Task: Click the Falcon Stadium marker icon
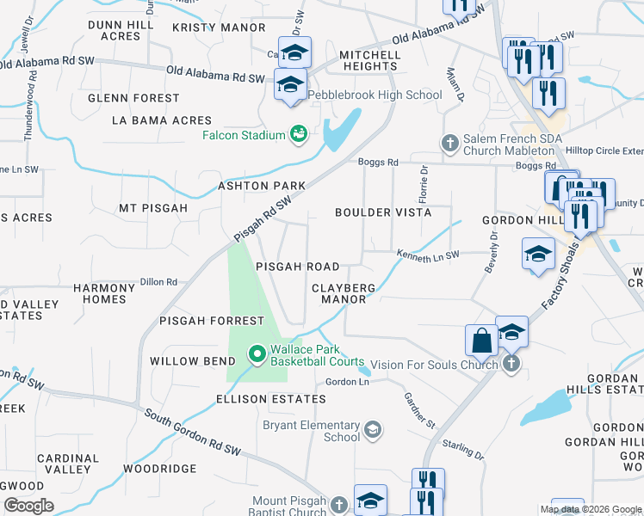click(x=299, y=135)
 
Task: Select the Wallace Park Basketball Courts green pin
click(x=257, y=354)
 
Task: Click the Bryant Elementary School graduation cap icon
click(x=372, y=429)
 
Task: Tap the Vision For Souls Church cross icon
click(x=511, y=364)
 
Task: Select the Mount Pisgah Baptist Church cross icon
click(x=339, y=504)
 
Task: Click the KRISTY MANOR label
click(x=219, y=28)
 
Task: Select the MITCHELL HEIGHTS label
click(x=369, y=60)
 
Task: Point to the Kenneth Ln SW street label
click(x=428, y=255)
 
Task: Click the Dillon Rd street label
click(x=158, y=281)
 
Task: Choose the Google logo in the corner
click(x=28, y=506)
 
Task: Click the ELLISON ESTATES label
click(x=271, y=399)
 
